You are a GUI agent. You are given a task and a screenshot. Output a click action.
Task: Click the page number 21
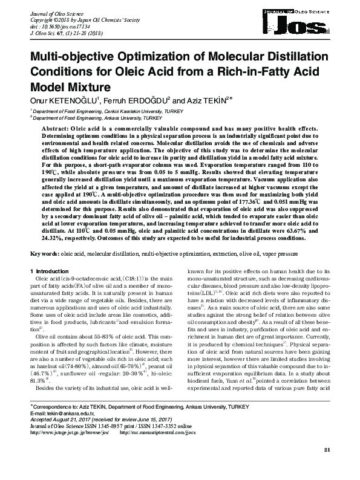[x=327, y=466]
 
